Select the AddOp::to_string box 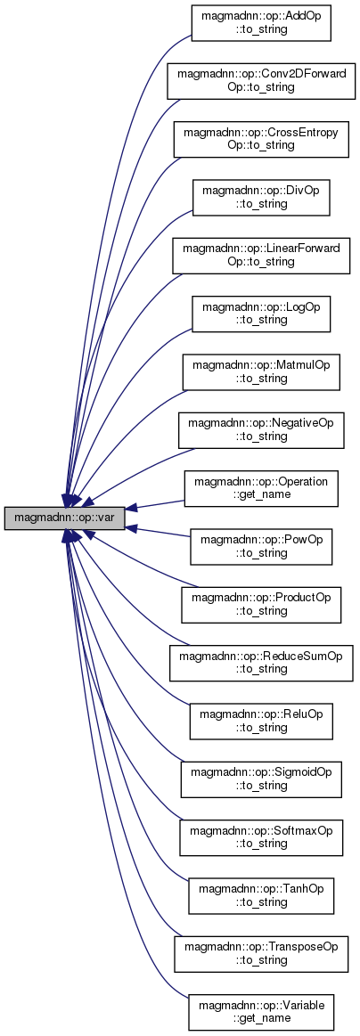click(x=261, y=24)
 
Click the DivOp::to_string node click(x=261, y=197)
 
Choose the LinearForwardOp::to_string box click(x=261, y=255)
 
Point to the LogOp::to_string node click(x=261, y=314)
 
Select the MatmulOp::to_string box click(x=261, y=371)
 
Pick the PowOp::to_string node click(x=261, y=546)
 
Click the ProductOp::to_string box click(x=261, y=605)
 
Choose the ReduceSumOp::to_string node click(x=261, y=663)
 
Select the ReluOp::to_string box click(x=261, y=721)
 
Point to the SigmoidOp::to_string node click(x=261, y=779)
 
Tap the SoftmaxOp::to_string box click(x=261, y=836)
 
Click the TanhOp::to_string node click(x=261, y=894)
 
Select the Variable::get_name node click(x=261, y=1010)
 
